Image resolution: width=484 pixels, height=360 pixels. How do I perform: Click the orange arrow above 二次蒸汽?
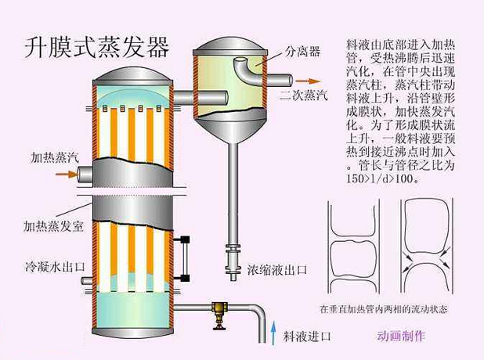311,81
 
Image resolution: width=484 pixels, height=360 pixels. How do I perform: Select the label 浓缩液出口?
278,269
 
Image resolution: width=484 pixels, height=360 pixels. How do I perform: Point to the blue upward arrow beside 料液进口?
273,333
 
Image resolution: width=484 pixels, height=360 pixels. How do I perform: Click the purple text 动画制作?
401,336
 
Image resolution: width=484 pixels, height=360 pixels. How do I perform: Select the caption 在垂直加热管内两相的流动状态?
385,308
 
